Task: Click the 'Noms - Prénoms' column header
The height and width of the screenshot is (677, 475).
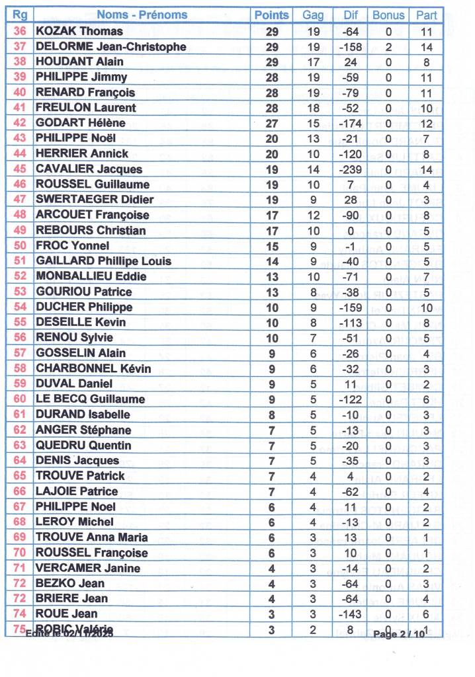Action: (x=142, y=15)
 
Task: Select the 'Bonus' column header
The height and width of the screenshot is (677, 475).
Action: (x=388, y=15)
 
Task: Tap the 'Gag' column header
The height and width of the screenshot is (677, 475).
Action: (x=314, y=15)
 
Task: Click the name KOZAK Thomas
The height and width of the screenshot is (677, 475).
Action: (x=79, y=31)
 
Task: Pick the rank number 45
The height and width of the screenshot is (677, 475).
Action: (x=20, y=169)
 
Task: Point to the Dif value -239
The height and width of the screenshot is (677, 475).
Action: (x=350, y=169)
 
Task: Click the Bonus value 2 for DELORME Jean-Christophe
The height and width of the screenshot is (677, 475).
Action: (x=388, y=46)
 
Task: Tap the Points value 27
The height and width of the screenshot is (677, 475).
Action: (x=272, y=123)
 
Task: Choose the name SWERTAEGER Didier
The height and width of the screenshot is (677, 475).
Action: (x=95, y=200)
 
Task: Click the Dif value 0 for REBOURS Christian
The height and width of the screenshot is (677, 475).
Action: (x=350, y=231)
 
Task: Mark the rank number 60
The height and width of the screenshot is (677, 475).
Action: (x=20, y=399)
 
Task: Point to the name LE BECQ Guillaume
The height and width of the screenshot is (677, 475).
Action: (x=90, y=399)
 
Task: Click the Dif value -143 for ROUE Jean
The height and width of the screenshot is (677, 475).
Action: (x=350, y=614)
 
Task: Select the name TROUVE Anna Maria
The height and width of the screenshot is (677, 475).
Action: (x=92, y=538)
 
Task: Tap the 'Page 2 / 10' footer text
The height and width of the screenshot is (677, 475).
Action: (x=399, y=634)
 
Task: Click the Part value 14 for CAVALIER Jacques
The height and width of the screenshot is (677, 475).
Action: (x=426, y=169)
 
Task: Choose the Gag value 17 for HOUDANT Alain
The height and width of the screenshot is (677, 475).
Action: (x=314, y=61)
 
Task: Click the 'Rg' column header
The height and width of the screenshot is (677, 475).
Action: (x=20, y=15)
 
